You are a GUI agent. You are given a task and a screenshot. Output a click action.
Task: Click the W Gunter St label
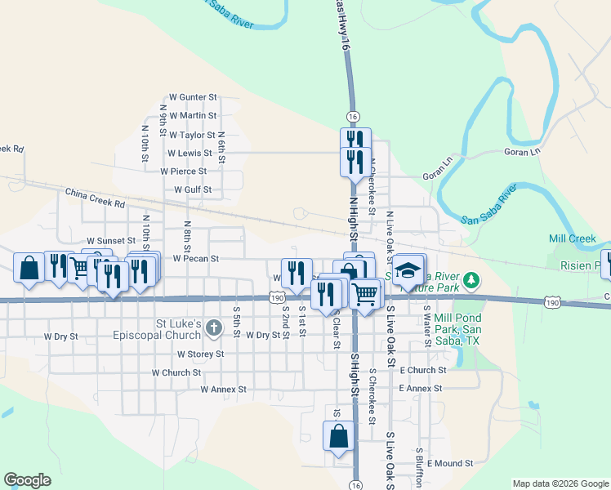(193, 97)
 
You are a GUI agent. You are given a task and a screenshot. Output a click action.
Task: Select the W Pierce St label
(184, 171)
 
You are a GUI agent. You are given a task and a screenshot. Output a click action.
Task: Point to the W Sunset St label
(110, 241)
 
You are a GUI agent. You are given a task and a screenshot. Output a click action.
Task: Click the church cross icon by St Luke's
(213, 328)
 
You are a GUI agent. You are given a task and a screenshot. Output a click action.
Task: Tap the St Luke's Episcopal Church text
(163, 329)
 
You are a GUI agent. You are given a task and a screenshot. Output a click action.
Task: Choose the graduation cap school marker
(408, 270)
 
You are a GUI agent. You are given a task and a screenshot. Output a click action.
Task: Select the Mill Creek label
(573, 239)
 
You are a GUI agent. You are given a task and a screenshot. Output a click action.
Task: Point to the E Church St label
(423, 370)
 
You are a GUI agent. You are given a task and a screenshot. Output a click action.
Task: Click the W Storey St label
(200, 354)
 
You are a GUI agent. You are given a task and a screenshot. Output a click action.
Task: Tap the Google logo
(27, 479)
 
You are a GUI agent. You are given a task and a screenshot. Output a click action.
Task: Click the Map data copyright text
(560, 483)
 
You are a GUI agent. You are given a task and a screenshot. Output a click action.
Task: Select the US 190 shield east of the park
(553, 302)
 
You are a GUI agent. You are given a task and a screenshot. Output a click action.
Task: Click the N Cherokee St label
(372, 185)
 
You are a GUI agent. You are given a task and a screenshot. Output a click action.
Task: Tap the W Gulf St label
(193, 190)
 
